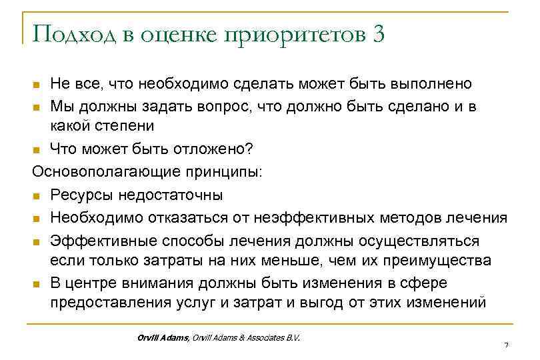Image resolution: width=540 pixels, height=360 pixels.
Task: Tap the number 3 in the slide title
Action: (x=379, y=34)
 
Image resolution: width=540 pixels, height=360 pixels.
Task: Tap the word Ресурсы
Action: (x=83, y=194)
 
